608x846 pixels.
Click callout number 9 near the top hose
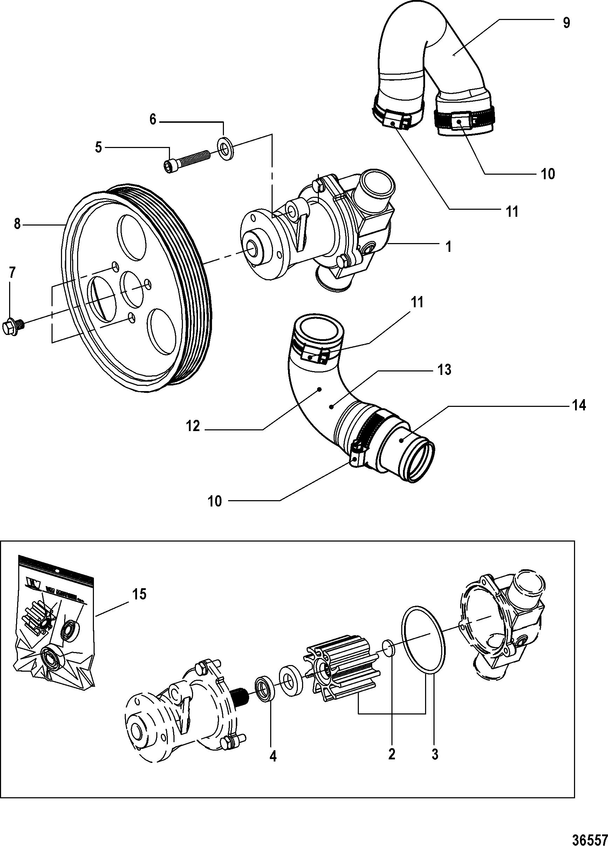(566, 23)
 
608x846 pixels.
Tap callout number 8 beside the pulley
(17, 225)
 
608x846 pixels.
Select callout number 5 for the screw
(98, 147)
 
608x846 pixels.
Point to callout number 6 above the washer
(153, 120)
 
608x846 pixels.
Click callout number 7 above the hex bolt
(12, 273)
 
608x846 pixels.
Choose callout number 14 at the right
(579, 405)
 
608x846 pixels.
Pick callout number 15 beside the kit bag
(139, 594)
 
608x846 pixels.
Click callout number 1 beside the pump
(449, 246)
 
